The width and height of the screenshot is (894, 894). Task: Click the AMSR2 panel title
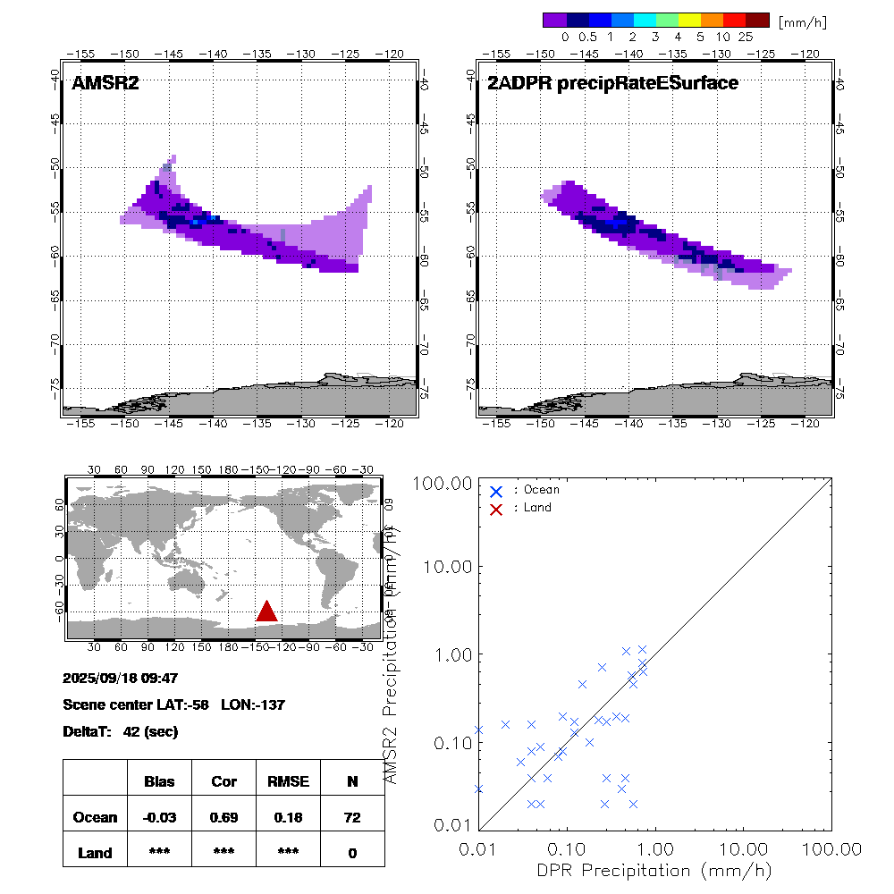(x=105, y=84)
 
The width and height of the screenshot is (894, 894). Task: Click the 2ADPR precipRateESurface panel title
(x=612, y=84)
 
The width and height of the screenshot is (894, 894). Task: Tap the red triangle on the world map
(x=266, y=611)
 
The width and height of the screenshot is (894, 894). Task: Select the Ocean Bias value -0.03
(x=159, y=817)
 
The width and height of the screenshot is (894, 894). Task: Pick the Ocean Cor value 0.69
(x=223, y=817)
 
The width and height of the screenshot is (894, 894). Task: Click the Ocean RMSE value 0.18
(x=288, y=817)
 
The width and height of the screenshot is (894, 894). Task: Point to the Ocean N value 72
(x=352, y=817)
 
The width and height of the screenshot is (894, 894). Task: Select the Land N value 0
(x=352, y=853)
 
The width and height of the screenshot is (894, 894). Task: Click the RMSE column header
(x=288, y=781)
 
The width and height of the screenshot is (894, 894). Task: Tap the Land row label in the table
(x=96, y=853)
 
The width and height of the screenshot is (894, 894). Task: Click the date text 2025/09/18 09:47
(x=122, y=678)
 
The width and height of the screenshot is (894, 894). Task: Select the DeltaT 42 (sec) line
(x=121, y=731)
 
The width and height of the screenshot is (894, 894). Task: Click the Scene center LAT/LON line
(x=173, y=704)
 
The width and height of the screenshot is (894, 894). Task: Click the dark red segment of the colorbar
(x=757, y=20)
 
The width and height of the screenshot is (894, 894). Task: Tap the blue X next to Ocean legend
(x=497, y=491)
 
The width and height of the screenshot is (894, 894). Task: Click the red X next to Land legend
(x=497, y=508)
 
